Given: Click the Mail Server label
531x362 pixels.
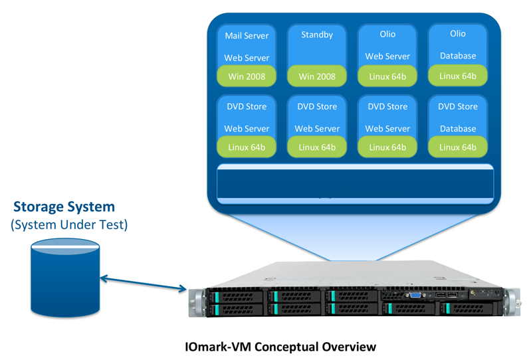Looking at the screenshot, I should click(247, 36).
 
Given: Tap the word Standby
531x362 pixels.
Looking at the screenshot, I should click(316, 34).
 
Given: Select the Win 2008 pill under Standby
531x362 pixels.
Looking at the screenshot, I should click(316, 76).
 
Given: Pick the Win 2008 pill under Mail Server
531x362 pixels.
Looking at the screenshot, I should click(247, 76).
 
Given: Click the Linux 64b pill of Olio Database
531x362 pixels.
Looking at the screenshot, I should click(458, 76).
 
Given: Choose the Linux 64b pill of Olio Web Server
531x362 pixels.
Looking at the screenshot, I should click(387, 76).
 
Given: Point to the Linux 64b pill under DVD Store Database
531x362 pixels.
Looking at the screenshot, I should click(458, 147).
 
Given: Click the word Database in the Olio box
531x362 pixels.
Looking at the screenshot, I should click(458, 56).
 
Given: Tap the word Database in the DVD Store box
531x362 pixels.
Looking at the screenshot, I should click(458, 128).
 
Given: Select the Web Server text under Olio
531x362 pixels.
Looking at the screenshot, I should click(387, 57).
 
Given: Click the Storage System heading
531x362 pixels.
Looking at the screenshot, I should click(64, 207).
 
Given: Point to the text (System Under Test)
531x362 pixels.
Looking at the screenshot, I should click(69, 225).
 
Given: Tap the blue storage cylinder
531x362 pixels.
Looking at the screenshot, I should click(64, 278).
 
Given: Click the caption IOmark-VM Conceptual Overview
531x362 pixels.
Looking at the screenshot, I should click(280, 347).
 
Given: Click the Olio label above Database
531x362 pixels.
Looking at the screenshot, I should click(458, 34).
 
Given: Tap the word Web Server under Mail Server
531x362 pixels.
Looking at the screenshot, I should click(247, 58).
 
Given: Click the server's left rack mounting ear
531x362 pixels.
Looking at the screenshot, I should click(196, 302).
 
